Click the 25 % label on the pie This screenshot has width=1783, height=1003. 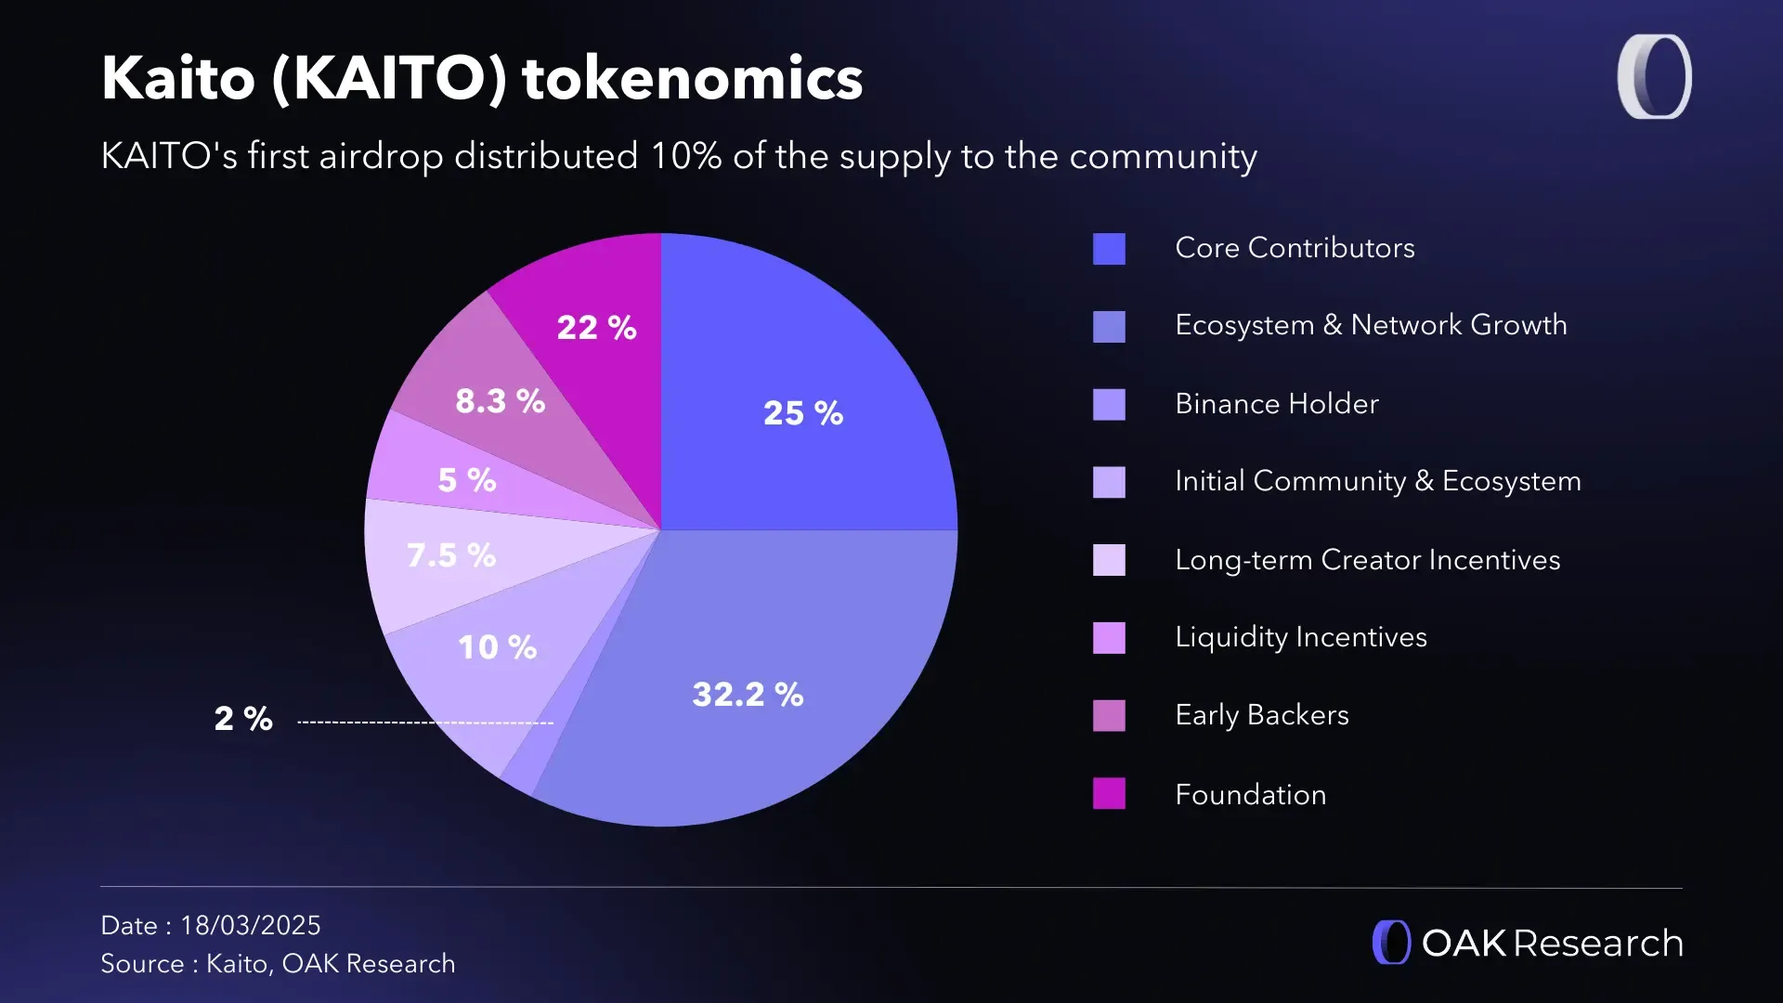803,413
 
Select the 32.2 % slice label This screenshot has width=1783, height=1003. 748,694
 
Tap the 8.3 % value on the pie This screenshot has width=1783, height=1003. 500,401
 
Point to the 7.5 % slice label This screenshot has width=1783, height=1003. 451,555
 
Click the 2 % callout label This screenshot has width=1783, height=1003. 243,718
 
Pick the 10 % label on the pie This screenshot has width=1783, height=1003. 497,647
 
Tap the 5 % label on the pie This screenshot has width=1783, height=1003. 467,480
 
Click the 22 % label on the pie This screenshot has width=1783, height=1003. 596,328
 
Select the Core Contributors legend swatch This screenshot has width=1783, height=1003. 1109,249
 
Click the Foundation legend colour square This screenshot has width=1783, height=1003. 1109,794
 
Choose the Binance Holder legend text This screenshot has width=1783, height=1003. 1276,404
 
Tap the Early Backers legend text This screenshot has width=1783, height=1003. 1261,715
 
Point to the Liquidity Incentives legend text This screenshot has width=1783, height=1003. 1300,637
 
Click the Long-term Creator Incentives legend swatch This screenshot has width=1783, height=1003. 1109,560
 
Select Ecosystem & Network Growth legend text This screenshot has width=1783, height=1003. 1371,325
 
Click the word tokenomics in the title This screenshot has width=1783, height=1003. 693,78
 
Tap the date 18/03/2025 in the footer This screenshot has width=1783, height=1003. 250,925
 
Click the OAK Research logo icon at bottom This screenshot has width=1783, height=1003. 1391,943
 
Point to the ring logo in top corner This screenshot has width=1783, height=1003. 1654,77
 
